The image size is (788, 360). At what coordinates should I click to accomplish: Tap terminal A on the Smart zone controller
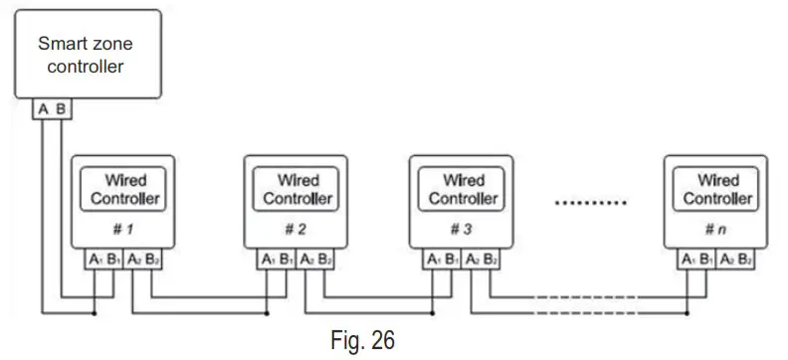pos(43,108)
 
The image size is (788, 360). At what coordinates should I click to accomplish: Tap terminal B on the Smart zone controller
pos(61,108)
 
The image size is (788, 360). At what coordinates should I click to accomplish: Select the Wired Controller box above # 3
pos(463,189)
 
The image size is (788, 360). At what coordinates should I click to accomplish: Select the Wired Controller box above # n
pos(717,189)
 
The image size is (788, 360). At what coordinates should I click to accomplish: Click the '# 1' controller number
pos(123,229)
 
